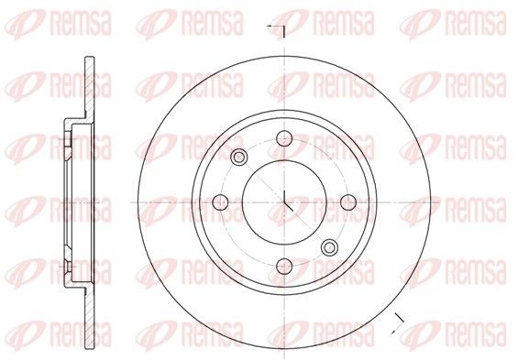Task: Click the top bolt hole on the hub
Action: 284,138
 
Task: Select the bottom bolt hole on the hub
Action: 284,267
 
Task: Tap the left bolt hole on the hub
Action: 220,202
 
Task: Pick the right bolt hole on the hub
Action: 348,202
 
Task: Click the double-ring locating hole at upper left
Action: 239,157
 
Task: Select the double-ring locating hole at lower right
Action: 329,245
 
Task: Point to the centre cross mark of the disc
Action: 284,202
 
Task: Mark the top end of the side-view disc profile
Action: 86,60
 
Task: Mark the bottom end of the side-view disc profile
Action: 86,344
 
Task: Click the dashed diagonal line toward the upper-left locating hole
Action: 261,180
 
